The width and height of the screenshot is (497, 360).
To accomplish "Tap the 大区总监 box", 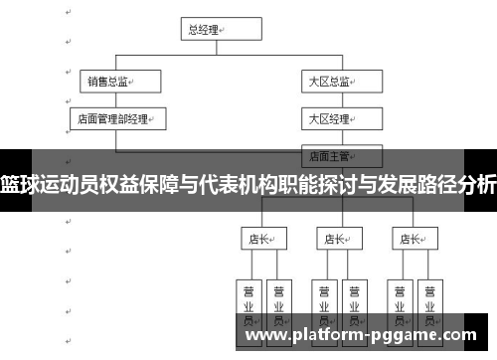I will [332, 82].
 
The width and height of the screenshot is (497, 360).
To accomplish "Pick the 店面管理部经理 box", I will [115, 118].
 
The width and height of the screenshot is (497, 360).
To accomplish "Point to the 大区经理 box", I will [332, 118].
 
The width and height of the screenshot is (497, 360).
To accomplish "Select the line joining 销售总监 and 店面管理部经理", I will [115, 100].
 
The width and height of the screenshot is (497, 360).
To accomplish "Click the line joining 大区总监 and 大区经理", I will [332, 100].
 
